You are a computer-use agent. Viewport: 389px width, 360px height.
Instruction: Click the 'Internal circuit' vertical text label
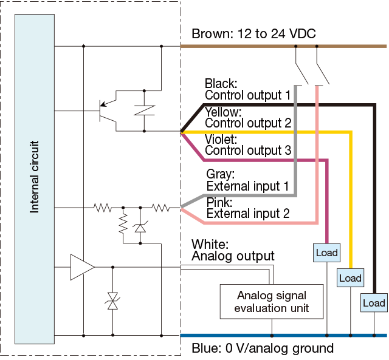point(35,177)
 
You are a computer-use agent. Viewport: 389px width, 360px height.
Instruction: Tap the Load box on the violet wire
point(327,253)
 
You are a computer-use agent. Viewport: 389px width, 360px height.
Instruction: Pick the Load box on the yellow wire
point(350,278)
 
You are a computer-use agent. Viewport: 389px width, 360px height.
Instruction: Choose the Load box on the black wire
point(373,303)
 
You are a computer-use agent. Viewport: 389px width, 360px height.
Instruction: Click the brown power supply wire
point(243,46)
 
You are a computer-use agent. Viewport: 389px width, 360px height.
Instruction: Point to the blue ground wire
point(243,335)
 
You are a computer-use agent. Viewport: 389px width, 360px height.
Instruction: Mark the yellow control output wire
point(274,131)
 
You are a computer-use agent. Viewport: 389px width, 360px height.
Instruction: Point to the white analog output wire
point(231,267)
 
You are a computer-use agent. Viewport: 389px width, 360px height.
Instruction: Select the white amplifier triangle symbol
point(81,268)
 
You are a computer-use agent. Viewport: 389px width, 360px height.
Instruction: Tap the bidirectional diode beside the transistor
point(144,110)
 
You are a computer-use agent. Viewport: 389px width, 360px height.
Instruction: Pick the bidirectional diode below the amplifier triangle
point(112,301)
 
